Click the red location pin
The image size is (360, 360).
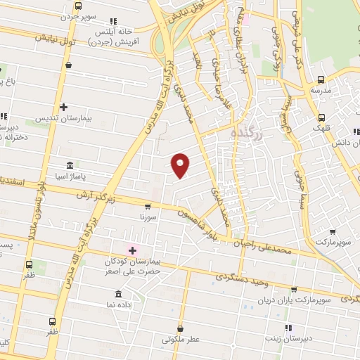click(x=181, y=165)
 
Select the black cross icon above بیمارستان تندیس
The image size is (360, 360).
click(x=64, y=108)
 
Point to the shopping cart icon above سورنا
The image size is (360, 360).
click(x=147, y=207)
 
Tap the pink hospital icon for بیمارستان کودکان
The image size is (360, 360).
click(x=131, y=250)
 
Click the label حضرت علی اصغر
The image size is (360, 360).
click(x=135, y=271)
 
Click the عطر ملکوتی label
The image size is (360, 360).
click(x=181, y=340)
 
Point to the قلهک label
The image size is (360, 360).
click(x=322, y=129)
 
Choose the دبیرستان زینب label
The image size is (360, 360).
click(x=288, y=338)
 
